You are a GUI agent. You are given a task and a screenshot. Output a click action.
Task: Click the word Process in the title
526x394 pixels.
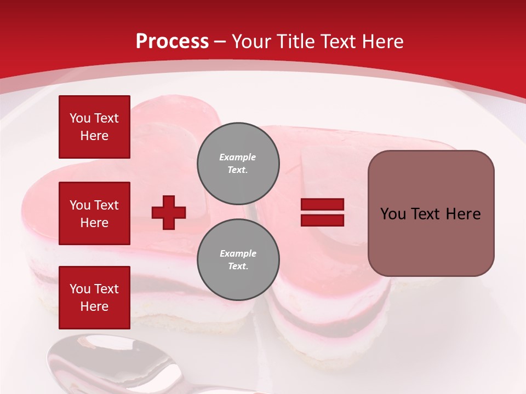pos(172,42)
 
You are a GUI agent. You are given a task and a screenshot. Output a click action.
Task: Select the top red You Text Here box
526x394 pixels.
pos(94,127)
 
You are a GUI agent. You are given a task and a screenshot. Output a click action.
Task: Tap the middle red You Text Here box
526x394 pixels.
pos(94,213)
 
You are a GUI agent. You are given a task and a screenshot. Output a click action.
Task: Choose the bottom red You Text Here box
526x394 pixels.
pos(94,297)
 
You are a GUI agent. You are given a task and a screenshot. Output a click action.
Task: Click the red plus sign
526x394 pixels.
pos(169,212)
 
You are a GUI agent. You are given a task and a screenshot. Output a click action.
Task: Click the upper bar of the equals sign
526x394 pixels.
pos(322,205)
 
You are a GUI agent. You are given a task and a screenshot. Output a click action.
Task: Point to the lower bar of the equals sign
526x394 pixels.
pos(322,220)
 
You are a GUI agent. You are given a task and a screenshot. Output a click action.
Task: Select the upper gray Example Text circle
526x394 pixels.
pos(238,163)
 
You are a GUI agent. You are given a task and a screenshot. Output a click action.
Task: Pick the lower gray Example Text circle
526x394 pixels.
pos(238,260)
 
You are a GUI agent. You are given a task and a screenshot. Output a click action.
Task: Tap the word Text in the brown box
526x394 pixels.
pos(426,214)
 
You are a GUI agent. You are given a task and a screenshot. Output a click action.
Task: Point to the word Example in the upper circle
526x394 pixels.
pos(238,157)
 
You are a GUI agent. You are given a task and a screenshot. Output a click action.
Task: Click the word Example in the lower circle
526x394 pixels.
pos(238,253)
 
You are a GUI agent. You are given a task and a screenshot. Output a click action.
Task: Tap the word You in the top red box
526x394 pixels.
pos(79,118)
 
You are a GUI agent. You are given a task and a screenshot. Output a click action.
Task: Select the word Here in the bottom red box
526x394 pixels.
pos(94,306)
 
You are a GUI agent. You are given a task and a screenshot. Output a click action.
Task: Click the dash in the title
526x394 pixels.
pos(220,42)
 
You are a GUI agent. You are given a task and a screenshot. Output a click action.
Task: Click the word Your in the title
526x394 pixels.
pos(251,42)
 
